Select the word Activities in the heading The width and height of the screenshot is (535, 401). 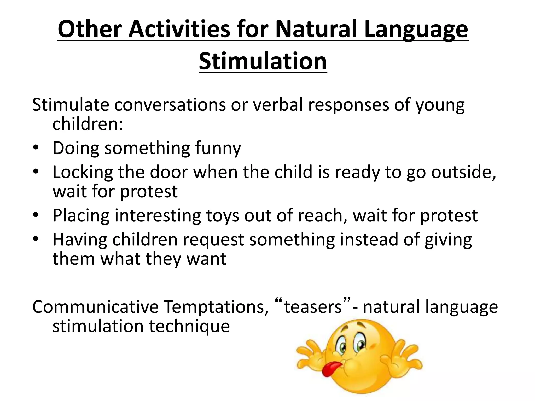[179, 29]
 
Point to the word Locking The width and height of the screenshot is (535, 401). [83, 173]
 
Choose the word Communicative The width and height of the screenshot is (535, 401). [95, 307]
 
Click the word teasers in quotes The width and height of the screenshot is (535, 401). [313, 307]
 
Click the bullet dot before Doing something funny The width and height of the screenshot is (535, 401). [36, 148]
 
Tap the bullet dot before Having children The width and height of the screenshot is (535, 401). [36, 239]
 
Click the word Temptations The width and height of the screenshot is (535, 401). [216, 307]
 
